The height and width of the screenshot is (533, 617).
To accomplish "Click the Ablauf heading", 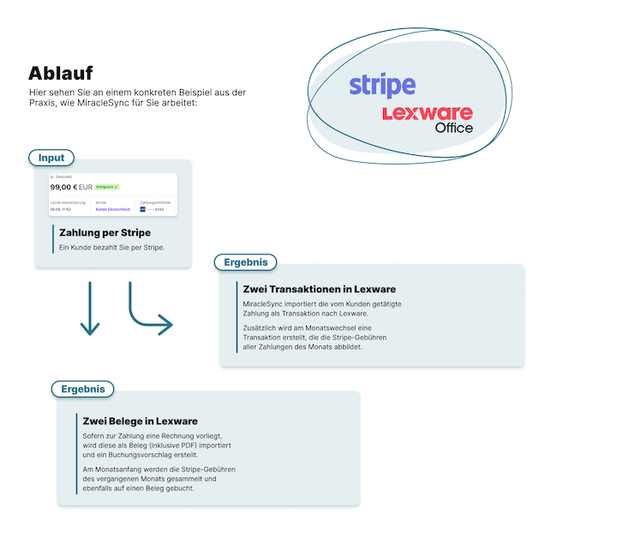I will [x=60, y=73].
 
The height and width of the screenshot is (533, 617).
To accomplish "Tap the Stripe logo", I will [x=382, y=86].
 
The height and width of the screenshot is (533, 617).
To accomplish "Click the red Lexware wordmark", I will [x=427, y=113].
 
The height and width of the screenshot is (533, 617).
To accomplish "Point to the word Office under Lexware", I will [x=453, y=129].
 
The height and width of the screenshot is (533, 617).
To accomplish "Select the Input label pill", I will [x=51, y=158].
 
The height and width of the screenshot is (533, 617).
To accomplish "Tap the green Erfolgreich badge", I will [x=107, y=187].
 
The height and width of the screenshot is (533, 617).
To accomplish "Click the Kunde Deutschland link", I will [x=112, y=208].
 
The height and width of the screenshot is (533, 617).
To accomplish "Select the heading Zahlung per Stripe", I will [x=105, y=232].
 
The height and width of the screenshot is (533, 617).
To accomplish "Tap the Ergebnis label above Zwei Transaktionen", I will [x=246, y=262].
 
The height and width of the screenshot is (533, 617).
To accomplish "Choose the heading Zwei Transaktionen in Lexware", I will [x=319, y=289].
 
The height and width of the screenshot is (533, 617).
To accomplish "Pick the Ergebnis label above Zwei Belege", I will [x=82, y=389].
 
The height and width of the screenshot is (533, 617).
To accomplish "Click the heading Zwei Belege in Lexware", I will [x=141, y=421].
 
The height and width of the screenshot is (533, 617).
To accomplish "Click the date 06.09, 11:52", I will [x=61, y=208].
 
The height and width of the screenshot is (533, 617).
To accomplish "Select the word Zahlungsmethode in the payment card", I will [x=155, y=202].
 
